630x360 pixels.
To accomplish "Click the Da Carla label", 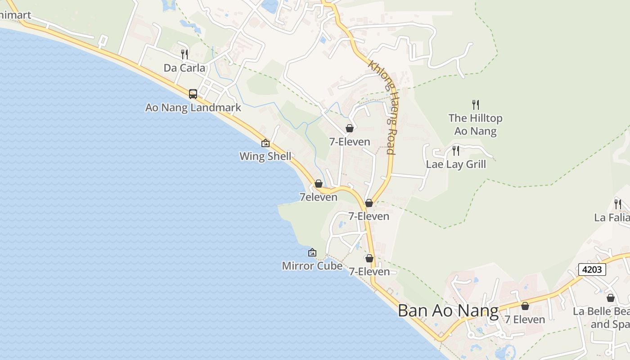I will pos(184,68).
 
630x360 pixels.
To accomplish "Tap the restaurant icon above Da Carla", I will pos(184,54).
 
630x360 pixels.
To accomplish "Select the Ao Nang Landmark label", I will pos(193,108).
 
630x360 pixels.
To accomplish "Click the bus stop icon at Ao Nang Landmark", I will pos(193,94).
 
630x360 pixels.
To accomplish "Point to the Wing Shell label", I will pos(265,156).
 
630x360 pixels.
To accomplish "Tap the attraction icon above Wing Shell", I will pos(265,143).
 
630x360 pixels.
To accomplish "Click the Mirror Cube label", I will pos(312,265).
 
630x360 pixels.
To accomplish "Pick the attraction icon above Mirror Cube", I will pos(312,252).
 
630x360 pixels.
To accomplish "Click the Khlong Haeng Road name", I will pos(383,107).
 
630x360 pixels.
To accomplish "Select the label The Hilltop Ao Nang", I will pos(475,125).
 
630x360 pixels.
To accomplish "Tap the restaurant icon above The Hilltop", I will pos(476,105).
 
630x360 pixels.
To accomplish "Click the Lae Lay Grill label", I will pos(456,164).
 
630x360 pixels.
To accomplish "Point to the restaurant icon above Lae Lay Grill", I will pos(456,150).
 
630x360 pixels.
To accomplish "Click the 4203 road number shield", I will pos(592,270).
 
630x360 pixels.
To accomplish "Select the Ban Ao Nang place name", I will pos(448,311).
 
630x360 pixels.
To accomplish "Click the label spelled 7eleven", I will pos(318,197).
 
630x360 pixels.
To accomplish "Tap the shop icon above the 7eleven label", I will pos(319,184).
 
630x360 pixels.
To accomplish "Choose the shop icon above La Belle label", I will pos(611,298).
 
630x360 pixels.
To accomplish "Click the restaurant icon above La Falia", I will pos(618,204).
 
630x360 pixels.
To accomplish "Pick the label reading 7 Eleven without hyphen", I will pos(524,319).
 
